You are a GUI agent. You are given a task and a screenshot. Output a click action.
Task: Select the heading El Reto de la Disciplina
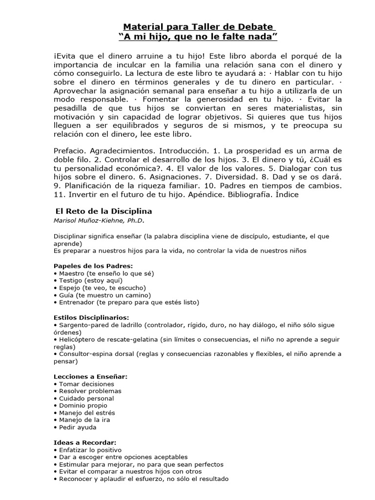tap(103, 211)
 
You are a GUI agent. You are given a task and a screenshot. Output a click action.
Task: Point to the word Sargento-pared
tap(82, 325)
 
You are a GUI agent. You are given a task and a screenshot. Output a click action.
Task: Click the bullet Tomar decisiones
tap(83, 384)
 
